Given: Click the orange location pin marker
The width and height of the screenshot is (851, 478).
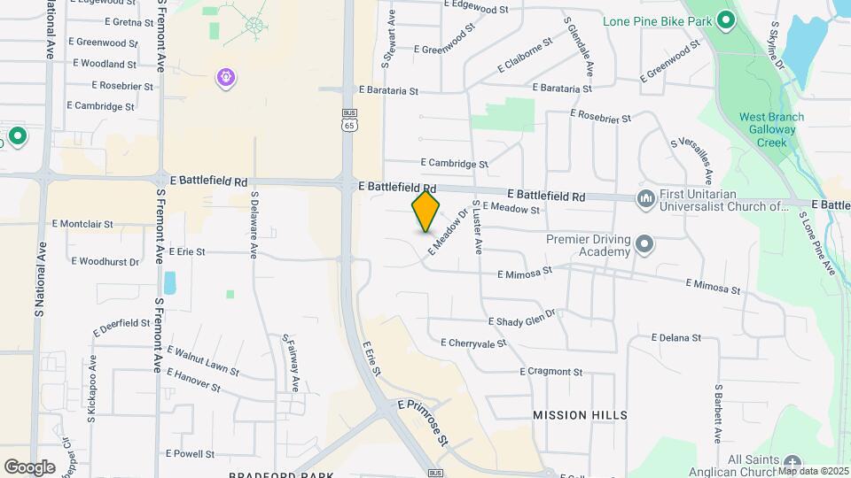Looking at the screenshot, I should (425, 212).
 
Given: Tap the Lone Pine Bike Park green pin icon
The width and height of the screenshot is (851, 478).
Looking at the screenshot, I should (725, 19).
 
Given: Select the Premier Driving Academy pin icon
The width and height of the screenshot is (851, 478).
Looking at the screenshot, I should (644, 243).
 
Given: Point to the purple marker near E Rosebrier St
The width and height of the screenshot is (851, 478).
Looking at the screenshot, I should (227, 78).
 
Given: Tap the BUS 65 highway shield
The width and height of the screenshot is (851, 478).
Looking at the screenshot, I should (350, 120).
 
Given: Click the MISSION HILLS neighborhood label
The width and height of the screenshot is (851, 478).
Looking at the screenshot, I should (580, 414).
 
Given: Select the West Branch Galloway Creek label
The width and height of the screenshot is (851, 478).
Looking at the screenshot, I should (771, 129).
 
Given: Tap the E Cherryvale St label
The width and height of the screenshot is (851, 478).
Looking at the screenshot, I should (473, 343).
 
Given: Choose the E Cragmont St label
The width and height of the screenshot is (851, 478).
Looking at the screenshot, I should (551, 372).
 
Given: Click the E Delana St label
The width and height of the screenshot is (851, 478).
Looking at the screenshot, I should (675, 338).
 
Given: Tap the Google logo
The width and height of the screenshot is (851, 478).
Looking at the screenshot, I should (29, 466).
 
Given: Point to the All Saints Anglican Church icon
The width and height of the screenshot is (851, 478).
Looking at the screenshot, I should (792, 462).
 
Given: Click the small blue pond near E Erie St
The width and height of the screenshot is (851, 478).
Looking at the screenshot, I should (169, 282).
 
